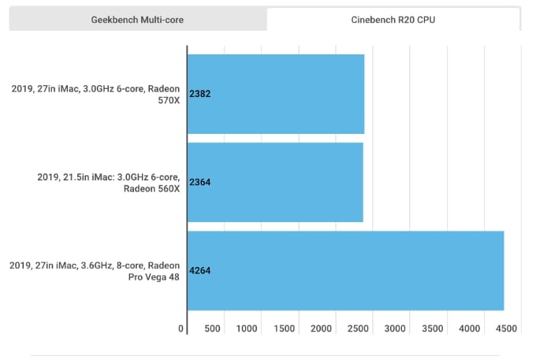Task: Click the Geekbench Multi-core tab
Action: click(138, 19)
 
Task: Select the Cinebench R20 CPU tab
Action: click(393, 19)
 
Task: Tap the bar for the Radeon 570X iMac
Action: click(276, 94)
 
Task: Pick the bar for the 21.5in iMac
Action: click(275, 182)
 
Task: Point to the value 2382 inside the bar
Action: click(200, 94)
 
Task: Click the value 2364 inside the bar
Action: click(200, 182)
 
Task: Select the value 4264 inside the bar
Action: click(200, 270)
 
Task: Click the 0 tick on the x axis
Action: click(181, 328)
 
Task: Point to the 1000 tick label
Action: click(247, 328)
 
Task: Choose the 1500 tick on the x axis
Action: click(284, 328)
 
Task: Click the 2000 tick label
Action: click(321, 328)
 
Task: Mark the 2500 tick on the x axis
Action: click(358, 328)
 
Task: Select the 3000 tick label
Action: click(395, 328)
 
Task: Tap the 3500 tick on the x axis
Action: click(432, 328)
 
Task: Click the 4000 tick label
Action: click(469, 328)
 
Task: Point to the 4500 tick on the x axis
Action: click(505, 328)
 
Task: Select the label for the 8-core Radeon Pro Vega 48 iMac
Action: click(95, 270)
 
